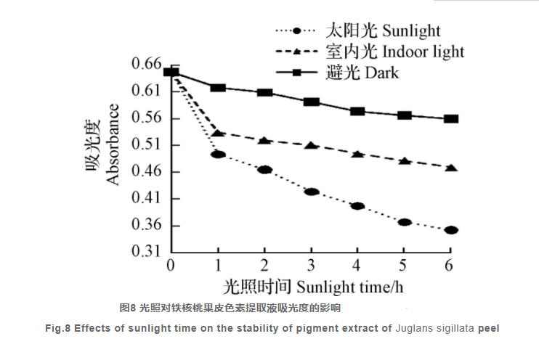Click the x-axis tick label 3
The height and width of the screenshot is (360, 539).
(311, 266)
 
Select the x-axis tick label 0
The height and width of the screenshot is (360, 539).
(171, 266)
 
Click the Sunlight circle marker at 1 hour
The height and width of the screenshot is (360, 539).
(218, 155)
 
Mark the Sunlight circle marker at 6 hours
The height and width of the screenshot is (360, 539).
(451, 230)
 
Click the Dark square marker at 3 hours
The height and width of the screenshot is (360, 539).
(311, 102)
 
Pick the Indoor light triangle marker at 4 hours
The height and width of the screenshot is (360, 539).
(357, 154)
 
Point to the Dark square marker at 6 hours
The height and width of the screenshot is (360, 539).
(451, 119)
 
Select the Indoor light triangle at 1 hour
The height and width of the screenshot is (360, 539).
(218, 133)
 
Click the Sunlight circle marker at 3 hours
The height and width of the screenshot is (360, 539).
(311, 192)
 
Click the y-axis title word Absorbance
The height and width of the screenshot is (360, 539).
(113, 145)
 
